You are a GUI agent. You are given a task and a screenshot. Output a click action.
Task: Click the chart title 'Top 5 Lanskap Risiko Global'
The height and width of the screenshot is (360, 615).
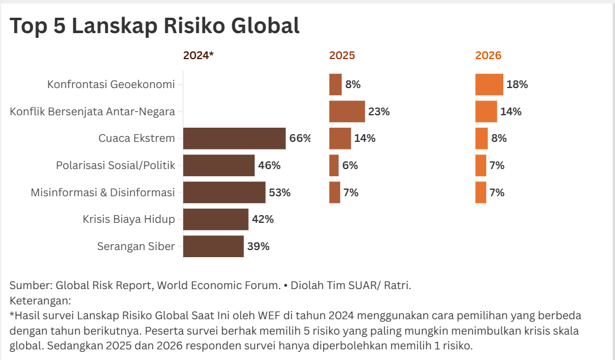tap(155, 26)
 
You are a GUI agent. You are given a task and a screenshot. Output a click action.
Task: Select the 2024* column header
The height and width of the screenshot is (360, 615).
tap(198, 56)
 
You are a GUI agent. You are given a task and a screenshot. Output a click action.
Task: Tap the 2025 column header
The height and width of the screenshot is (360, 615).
tap(342, 56)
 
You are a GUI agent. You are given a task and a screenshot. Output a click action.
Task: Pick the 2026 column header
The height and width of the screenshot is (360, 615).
tap(488, 56)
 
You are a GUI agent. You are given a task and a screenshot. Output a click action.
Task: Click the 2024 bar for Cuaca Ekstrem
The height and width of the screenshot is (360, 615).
tap(234, 138)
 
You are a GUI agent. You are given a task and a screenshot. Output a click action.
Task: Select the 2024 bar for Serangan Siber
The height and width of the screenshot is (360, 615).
tap(213, 247)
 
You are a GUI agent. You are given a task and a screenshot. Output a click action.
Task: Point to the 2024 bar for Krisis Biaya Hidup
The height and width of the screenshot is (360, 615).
tap(216, 219)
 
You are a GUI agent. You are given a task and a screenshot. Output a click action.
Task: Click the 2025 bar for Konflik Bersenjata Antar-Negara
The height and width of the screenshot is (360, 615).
tap(347, 111)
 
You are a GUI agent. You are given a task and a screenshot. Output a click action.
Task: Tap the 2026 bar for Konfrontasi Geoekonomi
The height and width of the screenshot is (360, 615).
tap(489, 85)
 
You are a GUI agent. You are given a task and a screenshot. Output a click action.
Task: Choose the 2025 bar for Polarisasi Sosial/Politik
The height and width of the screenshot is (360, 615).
tap(334, 166)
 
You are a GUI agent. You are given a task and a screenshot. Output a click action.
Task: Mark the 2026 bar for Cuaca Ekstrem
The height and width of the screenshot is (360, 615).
tap(481, 138)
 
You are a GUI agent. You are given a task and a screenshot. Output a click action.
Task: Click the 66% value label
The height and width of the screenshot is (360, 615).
tap(300, 138)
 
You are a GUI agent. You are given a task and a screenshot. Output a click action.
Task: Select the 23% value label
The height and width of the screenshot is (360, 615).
tap(379, 111)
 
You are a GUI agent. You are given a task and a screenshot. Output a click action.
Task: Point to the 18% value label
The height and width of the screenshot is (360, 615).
tap(517, 85)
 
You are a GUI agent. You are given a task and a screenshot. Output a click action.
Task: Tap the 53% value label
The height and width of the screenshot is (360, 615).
tap(280, 193)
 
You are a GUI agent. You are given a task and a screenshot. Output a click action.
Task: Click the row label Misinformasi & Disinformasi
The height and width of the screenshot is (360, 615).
tap(103, 193)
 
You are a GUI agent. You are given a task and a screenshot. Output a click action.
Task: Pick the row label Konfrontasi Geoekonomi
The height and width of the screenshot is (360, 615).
tap(111, 85)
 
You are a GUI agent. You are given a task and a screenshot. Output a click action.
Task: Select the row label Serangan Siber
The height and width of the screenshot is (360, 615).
tap(136, 247)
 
